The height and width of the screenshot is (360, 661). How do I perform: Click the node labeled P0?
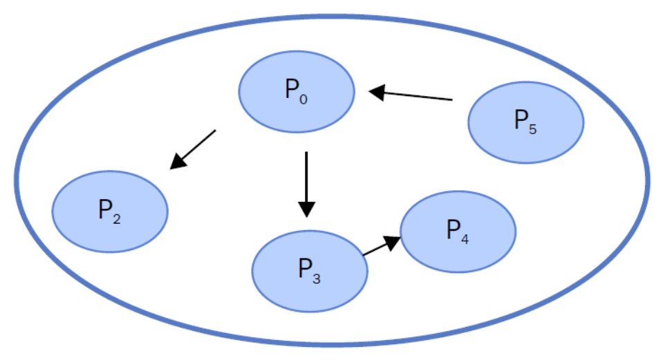[x=297, y=91]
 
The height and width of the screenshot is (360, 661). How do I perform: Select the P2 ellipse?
[x=111, y=211]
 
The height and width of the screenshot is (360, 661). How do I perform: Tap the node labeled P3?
[x=310, y=271]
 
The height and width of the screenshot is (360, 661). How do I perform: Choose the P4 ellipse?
[x=458, y=231]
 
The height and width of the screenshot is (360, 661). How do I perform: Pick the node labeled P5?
[x=525, y=123]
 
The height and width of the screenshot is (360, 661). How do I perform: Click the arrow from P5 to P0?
[x=411, y=95]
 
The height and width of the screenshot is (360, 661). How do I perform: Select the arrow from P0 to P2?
[x=193, y=149]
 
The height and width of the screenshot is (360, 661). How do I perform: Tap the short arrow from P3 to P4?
[x=381, y=247]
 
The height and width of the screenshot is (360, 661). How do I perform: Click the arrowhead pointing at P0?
[x=378, y=91]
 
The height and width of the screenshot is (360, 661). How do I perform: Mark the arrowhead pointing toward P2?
[x=178, y=162]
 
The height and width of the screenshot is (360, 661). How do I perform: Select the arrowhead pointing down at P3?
[x=306, y=209]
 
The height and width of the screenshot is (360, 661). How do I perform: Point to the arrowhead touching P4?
[x=393, y=241]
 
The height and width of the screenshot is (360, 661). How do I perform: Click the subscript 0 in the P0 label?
[x=304, y=98]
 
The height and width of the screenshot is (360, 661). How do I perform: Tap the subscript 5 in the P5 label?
[x=532, y=129]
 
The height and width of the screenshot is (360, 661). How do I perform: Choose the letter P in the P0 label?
[x=291, y=89]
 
